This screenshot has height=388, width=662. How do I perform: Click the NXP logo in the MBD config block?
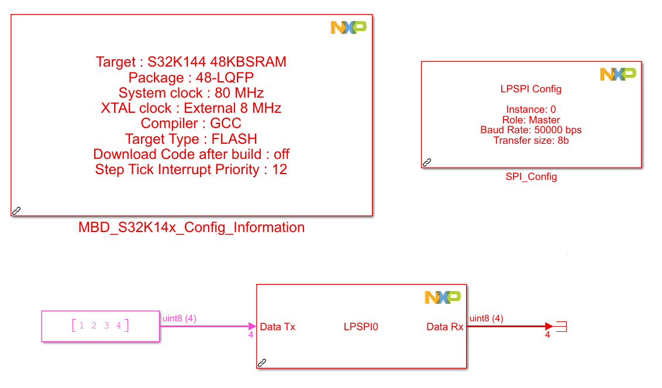pyautogui.click(x=349, y=27)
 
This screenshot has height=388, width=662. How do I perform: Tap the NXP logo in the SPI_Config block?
pyautogui.click(x=618, y=74)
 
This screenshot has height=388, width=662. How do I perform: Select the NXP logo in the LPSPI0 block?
pyautogui.click(x=443, y=297)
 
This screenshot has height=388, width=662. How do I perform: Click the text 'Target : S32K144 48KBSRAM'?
pyautogui.click(x=191, y=62)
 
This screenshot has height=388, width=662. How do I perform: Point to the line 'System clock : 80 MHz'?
pyautogui.click(x=191, y=93)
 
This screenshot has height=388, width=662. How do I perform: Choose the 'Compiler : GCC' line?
pyautogui.click(x=191, y=123)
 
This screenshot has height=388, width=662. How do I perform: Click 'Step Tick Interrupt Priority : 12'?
pyautogui.click(x=191, y=169)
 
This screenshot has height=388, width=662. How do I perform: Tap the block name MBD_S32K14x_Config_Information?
pyautogui.click(x=191, y=227)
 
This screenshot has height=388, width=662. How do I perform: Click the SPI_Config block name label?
pyautogui.click(x=531, y=176)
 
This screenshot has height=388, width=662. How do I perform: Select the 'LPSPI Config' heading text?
pyautogui.click(x=531, y=89)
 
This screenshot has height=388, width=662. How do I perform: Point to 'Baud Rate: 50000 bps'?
pyautogui.click(x=531, y=130)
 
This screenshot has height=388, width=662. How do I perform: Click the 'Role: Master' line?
pyautogui.click(x=531, y=120)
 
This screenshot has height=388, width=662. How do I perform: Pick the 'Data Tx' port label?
pyautogui.click(x=277, y=327)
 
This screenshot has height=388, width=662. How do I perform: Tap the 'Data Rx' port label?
pyautogui.click(x=444, y=327)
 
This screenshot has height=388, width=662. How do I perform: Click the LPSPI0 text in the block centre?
pyautogui.click(x=361, y=327)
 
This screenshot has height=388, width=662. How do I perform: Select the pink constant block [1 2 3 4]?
pyautogui.click(x=100, y=325)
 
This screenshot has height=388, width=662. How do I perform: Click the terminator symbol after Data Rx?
pyautogui.click(x=561, y=326)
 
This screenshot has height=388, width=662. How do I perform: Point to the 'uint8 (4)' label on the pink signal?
pyautogui.click(x=179, y=318)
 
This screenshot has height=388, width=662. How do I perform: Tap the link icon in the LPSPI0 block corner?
pyautogui.click(x=262, y=363)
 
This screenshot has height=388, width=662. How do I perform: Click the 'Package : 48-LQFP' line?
pyautogui.click(x=191, y=78)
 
